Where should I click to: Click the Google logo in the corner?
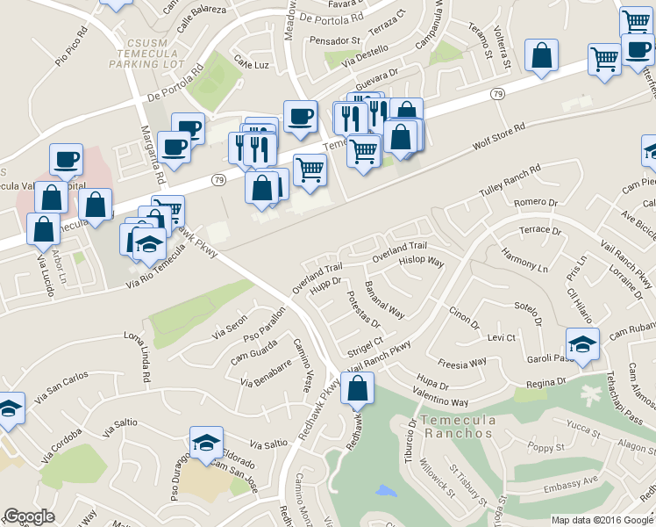coord(30,516)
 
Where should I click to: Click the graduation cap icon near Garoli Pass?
coord(582,344)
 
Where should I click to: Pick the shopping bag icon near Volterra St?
coord(542,54)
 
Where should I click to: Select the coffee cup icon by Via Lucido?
coord(66,159)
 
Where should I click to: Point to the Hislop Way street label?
coord(422,262)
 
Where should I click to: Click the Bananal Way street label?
coord(385,300)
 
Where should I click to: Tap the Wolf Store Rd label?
coord(498,138)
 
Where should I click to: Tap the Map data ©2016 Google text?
coord(602,520)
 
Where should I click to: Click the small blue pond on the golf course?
coord(385,490)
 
